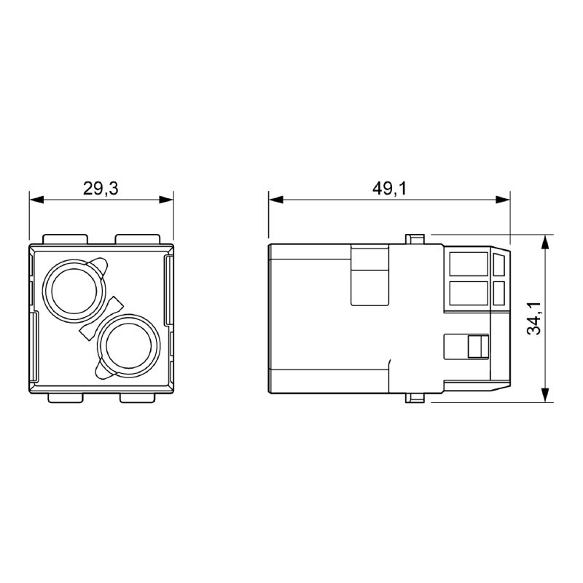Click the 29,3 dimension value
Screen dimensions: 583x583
click(x=101, y=189)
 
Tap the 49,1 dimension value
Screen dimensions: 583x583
click(x=390, y=189)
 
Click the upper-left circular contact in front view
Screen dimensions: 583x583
click(x=75, y=291)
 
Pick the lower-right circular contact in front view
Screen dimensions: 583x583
click(x=129, y=346)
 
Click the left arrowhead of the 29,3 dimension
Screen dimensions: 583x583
click(x=36, y=200)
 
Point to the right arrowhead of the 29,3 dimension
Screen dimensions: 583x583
click(x=166, y=200)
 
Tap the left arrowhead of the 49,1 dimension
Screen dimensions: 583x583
click(x=276, y=200)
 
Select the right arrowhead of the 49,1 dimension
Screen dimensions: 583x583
click(x=503, y=200)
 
